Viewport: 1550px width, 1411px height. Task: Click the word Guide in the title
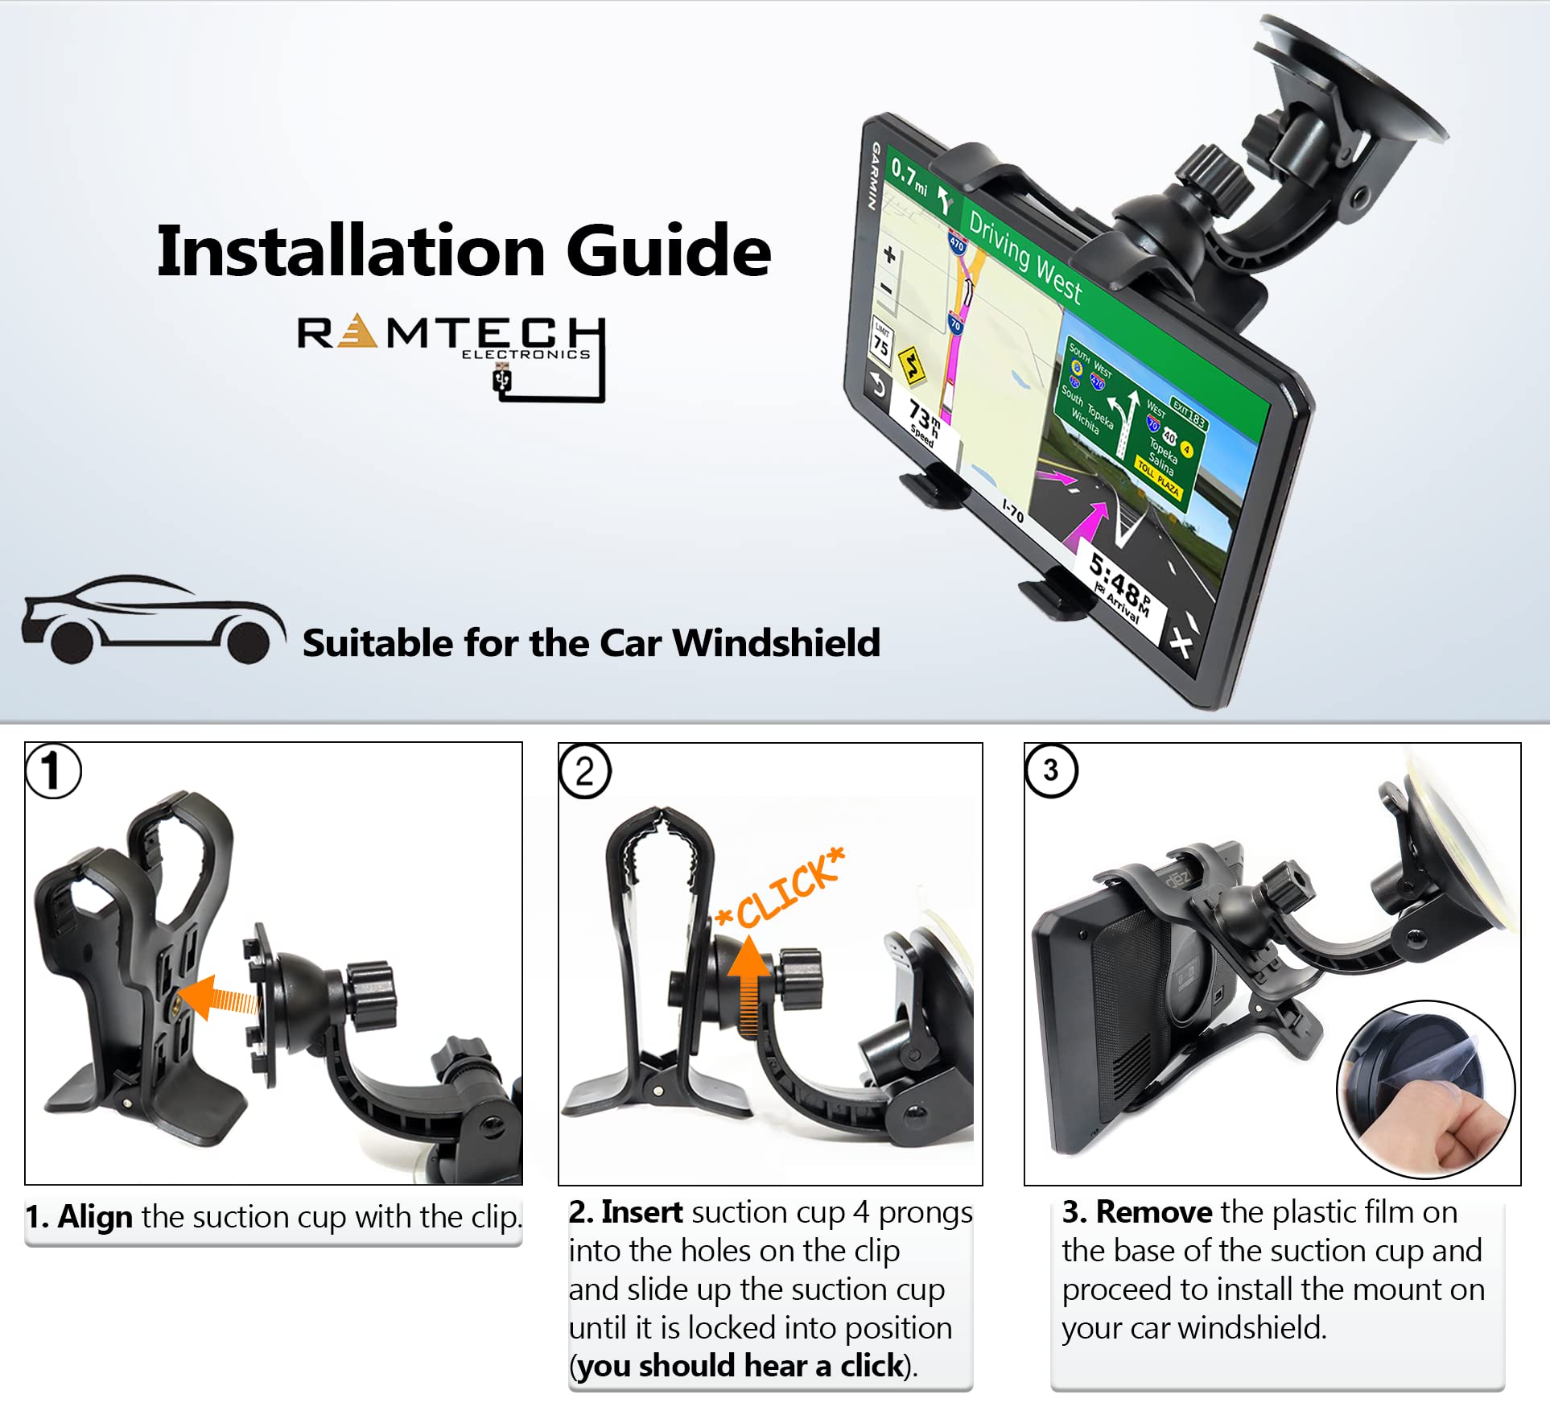click(x=669, y=251)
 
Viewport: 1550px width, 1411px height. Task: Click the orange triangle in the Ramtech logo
click(x=357, y=332)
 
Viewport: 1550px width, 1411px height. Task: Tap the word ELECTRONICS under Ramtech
click(x=526, y=354)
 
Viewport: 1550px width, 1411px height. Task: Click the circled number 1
click(x=53, y=770)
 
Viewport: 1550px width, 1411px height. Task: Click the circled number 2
click(x=585, y=772)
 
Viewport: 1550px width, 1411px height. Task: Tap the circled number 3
click(x=1050, y=770)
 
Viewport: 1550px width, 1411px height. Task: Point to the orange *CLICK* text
click(x=781, y=889)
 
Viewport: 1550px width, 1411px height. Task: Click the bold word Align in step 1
click(x=95, y=1216)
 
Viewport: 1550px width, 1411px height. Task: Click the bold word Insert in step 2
click(x=641, y=1211)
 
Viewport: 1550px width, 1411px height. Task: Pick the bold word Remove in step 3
click(x=1153, y=1211)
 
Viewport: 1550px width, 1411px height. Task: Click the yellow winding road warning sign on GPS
click(x=911, y=365)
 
